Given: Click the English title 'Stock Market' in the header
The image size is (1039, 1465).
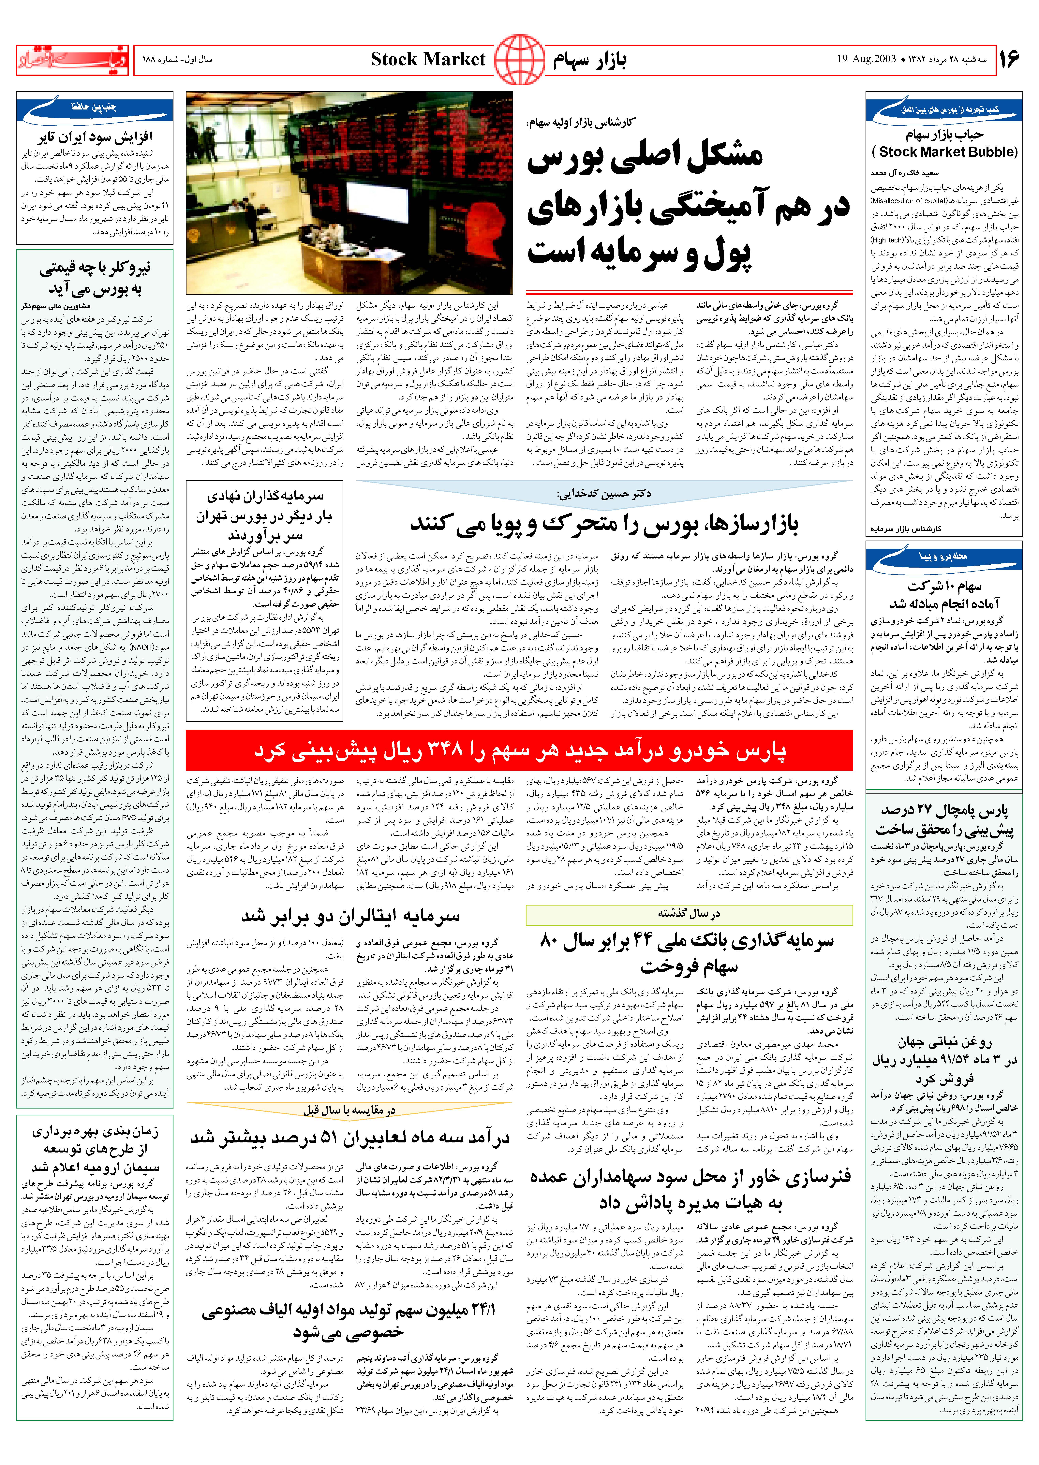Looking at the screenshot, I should coord(428,59).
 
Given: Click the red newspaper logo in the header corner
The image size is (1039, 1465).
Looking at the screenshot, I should coord(72,60).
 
